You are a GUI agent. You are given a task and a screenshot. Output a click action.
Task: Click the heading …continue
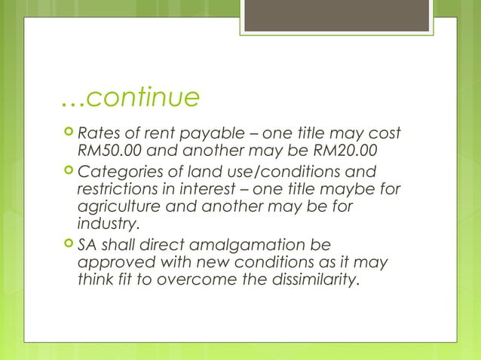[130, 97]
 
